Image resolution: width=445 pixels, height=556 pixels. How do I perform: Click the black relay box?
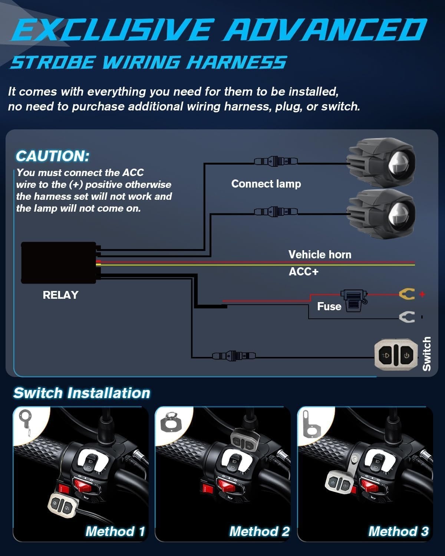(59, 262)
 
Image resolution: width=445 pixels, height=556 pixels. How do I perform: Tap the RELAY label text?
(60, 295)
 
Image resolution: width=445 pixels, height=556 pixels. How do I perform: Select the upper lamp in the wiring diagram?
(381, 162)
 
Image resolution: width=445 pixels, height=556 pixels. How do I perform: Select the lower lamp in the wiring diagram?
(381, 214)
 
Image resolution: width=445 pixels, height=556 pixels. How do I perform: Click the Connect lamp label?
(266, 184)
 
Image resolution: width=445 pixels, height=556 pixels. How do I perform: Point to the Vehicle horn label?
(320, 255)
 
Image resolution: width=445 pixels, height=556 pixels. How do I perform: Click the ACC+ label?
(304, 272)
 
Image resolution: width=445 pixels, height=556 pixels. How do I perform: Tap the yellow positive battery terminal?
(407, 294)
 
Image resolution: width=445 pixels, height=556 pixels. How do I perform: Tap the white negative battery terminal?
(407, 317)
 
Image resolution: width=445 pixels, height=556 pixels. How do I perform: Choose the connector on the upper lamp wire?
(276, 162)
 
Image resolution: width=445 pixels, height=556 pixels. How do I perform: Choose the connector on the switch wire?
(234, 356)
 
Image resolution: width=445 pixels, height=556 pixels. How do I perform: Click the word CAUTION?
(53, 156)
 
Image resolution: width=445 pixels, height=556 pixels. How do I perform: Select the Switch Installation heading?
(82, 393)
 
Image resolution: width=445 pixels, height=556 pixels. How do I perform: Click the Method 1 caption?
(115, 532)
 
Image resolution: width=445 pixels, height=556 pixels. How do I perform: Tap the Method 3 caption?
(398, 532)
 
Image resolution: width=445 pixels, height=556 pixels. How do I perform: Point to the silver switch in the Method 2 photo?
(245, 441)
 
